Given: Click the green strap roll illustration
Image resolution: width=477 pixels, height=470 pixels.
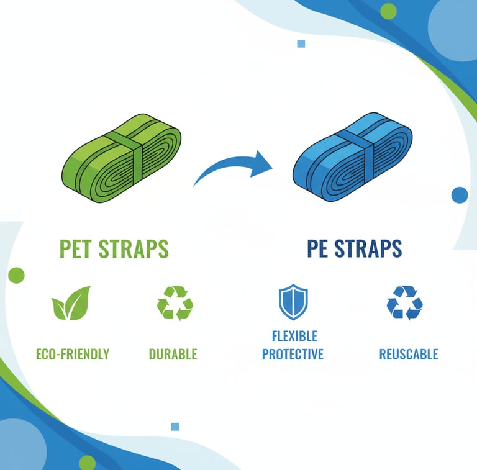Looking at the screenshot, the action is point(121,158).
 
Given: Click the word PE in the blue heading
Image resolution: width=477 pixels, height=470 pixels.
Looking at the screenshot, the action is point(317,248).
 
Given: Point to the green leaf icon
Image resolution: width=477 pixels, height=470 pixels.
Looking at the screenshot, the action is point(71,303).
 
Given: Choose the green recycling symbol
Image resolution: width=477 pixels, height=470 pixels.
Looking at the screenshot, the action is point(175,303).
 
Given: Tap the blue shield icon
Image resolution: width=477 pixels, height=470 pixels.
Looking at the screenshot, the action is point(293,302).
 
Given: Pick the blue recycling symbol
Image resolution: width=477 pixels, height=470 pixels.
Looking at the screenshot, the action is point(404,303).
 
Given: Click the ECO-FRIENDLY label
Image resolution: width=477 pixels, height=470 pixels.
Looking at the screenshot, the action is point(73,354).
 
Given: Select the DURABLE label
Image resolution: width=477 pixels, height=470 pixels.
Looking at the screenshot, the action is point(173,354).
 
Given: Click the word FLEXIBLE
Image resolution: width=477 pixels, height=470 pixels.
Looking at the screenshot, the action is point(294,337).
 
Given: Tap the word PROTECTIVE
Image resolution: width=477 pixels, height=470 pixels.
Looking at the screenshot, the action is point(293,354).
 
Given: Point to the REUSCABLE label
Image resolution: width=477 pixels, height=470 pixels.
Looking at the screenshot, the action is point(409,354).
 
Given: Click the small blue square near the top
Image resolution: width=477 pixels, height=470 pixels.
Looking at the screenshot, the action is point(301,44).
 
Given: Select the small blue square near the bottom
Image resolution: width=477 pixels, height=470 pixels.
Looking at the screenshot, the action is point(175,427).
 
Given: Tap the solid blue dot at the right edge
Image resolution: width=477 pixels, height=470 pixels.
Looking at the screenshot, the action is point(460,195).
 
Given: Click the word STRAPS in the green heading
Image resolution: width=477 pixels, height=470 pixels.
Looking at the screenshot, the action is point(134,249).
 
